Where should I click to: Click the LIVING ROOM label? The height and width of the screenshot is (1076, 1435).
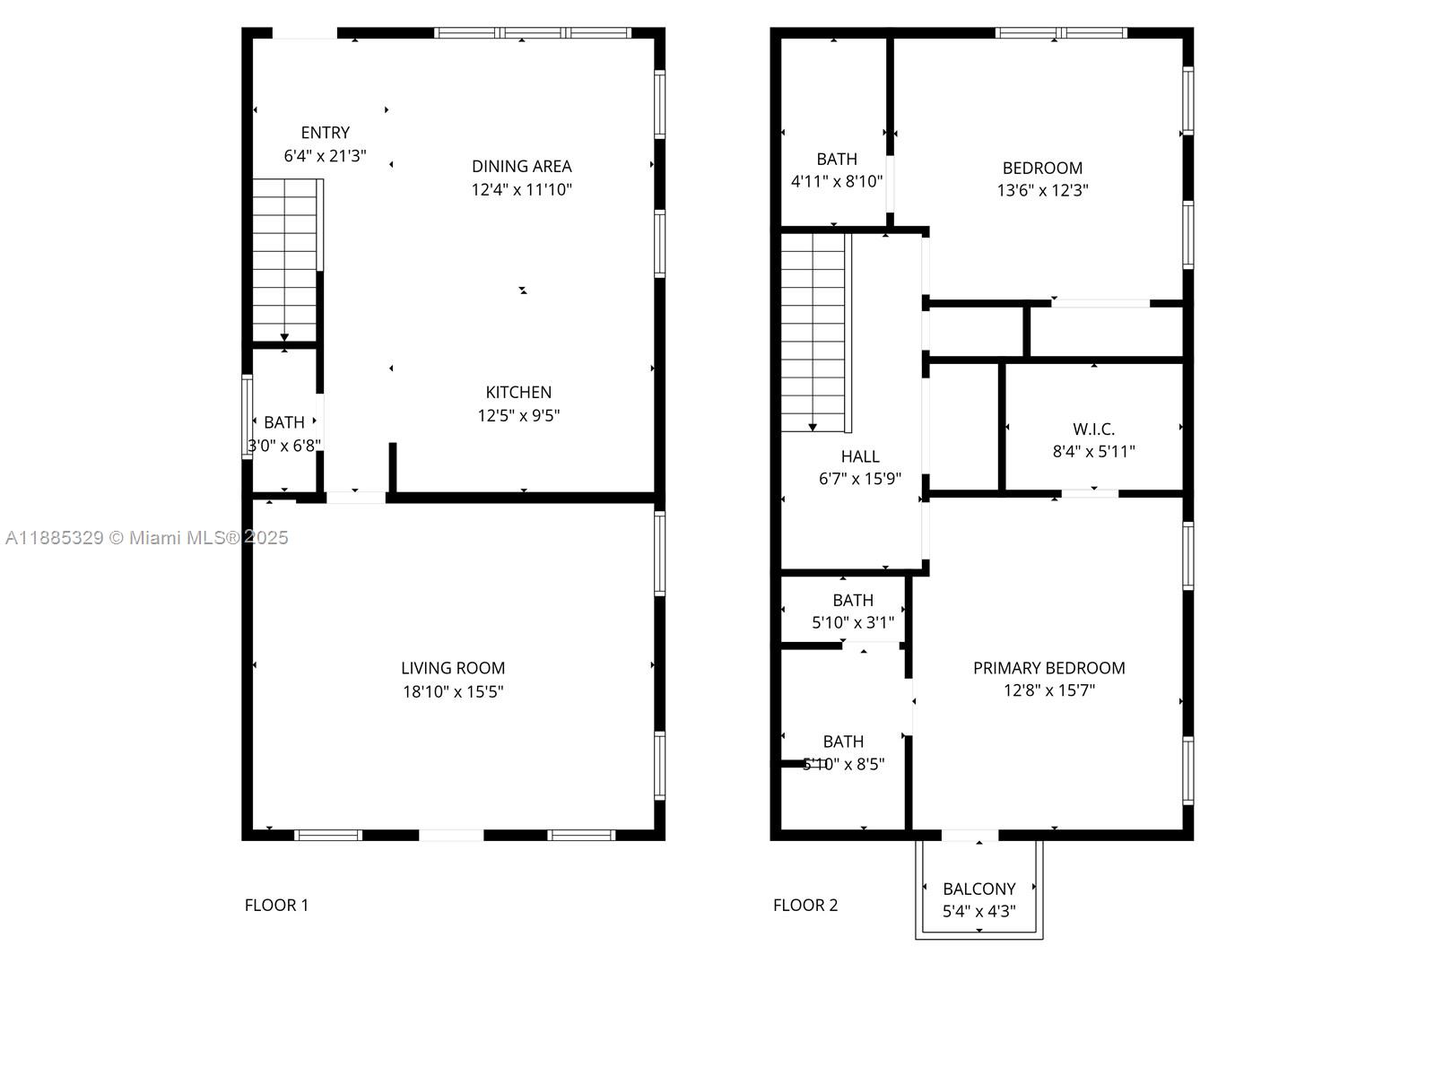pyautogui.click(x=452, y=668)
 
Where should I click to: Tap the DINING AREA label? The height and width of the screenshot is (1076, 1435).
pyautogui.click(x=522, y=166)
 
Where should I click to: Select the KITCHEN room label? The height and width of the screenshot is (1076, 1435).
pyautogui.click(x=518, y=392)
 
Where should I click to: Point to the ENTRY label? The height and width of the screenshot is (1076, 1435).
pyautogui.click(x=325, y=133)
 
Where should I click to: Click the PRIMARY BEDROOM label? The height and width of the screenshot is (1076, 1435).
pyautogui.click(x=1048, y=668)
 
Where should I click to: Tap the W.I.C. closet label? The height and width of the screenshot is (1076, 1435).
pyautogui.click(x=1093, y=430)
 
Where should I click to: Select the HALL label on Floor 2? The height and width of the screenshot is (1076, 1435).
pyautogui.click(x=860, y=456)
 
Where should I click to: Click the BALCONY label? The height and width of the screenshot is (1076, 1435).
pyautogui.click(x=978, y=889)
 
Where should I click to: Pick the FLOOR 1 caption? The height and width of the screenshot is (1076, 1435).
pyautogui.click(x=276, y=905)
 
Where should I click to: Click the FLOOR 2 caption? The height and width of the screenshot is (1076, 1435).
pyautogui.click(x=804, y=905)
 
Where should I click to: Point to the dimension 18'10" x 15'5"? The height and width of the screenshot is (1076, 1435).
pyautogui.click(x=452, y=691)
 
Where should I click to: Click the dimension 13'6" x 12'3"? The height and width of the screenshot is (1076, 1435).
pyautogui.click(x=1042, y=190)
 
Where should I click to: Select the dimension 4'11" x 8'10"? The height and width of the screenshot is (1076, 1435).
pyautogui.click(x=837, y=181)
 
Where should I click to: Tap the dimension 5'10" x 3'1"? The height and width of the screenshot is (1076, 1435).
pyautogui.click(x=853, y=622)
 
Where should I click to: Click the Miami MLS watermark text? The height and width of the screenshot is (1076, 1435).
pyautogui.click(x=146, y=538)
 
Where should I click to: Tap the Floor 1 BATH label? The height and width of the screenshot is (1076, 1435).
pyautogui.click(x=283, y=422)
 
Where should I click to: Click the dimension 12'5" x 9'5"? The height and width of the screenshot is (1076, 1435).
pyautogui.click(x=518, y=415)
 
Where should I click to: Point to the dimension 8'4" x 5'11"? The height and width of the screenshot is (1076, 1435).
pyautogui.click(x=1093, y=451)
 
